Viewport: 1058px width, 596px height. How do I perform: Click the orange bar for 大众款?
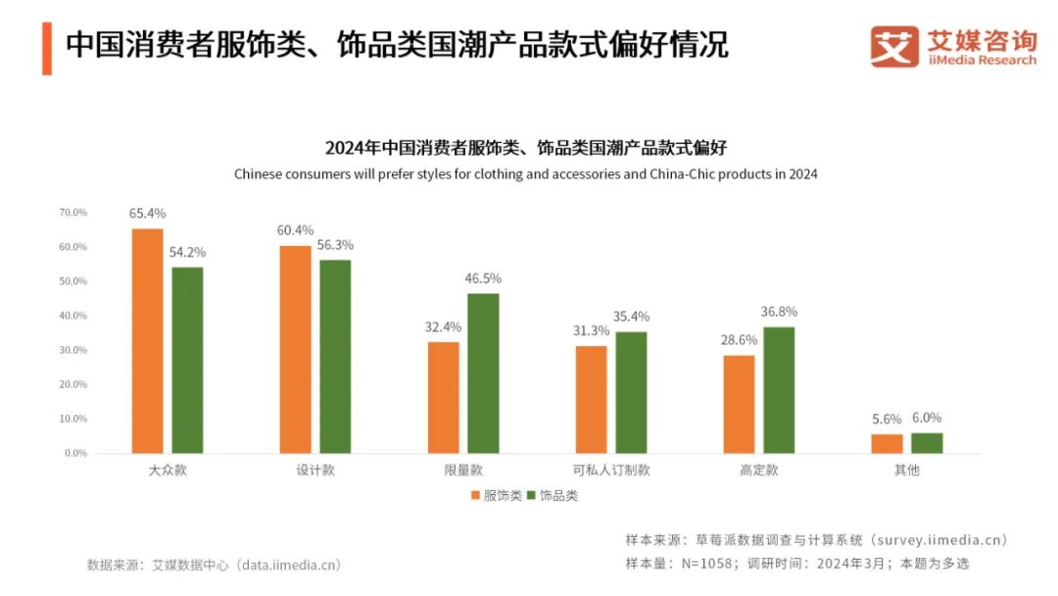click(x=147, y=341)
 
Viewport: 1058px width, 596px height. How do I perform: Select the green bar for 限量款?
click(x=483, y=373)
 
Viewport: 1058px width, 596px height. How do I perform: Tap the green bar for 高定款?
click(x=779, y=390)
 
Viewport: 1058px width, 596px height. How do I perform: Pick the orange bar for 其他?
click(x=887, y=444)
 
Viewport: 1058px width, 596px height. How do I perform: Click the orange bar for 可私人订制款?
click(x=591, y=400)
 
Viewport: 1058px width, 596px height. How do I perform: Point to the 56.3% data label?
click(x=336, y=245)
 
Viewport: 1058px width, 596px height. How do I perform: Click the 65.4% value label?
click(x=147, y=213)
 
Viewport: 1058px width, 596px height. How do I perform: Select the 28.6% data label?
click(x=739, y=339)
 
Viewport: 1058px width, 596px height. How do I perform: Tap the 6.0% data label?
click(x=927, y=418)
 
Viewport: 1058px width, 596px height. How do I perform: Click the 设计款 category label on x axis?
click(x=315, y=471)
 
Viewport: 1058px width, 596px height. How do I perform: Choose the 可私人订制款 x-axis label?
click(x=611, y=471)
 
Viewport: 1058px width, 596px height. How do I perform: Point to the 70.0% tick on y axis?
click(x=73, y=213)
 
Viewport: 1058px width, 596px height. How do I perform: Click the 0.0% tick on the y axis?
click(x=76, y=453)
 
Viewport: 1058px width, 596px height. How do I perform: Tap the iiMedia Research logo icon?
click(x=894, y=46)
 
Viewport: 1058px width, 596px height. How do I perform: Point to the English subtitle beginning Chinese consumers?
click(x=525, y=174)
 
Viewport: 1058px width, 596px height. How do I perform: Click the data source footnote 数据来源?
click(x=214, y=566)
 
